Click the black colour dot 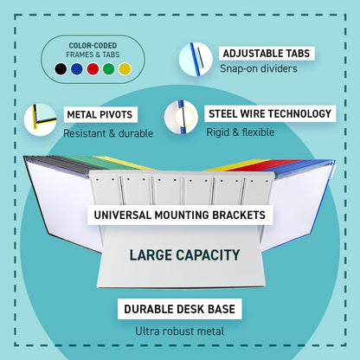coord(61,69)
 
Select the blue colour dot coord(77,69)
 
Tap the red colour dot coord(93,69)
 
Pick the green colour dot coord(109,69)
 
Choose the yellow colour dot coord(125,69)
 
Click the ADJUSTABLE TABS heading coord(267,54)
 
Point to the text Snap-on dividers coord(259,68)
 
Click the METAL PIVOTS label coord(100,114)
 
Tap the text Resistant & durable coord(108,133)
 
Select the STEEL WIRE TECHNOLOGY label coord(270,113)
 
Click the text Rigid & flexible coord(241,132)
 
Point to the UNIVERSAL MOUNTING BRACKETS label coord(180,215)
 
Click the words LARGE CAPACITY coord(184,255)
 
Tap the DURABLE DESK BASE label coord(179,309)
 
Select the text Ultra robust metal coord(179,331)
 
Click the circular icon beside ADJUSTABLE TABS coord(196,59)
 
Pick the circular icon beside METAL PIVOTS coord(40,119)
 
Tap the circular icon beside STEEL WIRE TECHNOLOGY coord(181,117)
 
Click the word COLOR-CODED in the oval coord(93,46)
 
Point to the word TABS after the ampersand coord(111,55)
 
